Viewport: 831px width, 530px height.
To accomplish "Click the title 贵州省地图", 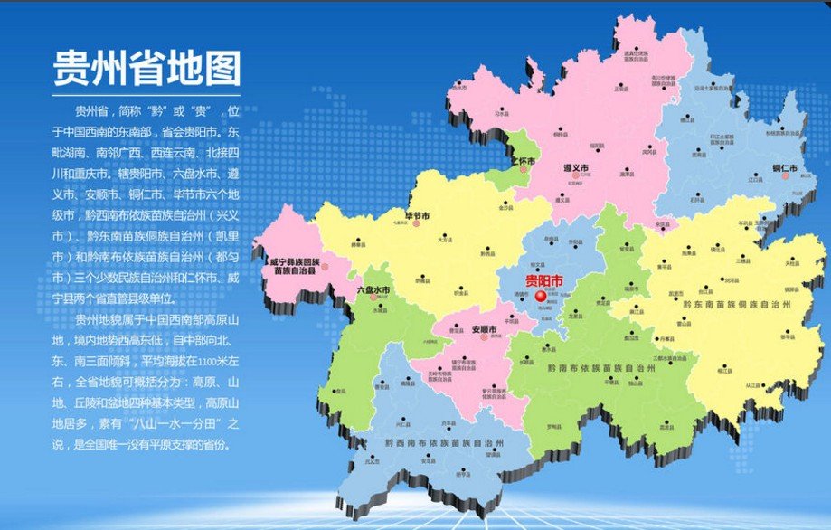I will (146, 66).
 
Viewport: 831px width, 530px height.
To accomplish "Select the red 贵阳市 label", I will (543, 279).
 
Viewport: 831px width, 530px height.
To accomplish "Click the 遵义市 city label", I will (576, 168).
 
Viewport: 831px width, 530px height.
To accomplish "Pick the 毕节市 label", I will (416, 214).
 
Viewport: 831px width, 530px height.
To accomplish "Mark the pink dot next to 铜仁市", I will (787, 177).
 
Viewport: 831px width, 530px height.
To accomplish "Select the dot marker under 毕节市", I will (417, 223).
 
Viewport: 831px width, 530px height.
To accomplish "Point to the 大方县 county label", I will (444, 241).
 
